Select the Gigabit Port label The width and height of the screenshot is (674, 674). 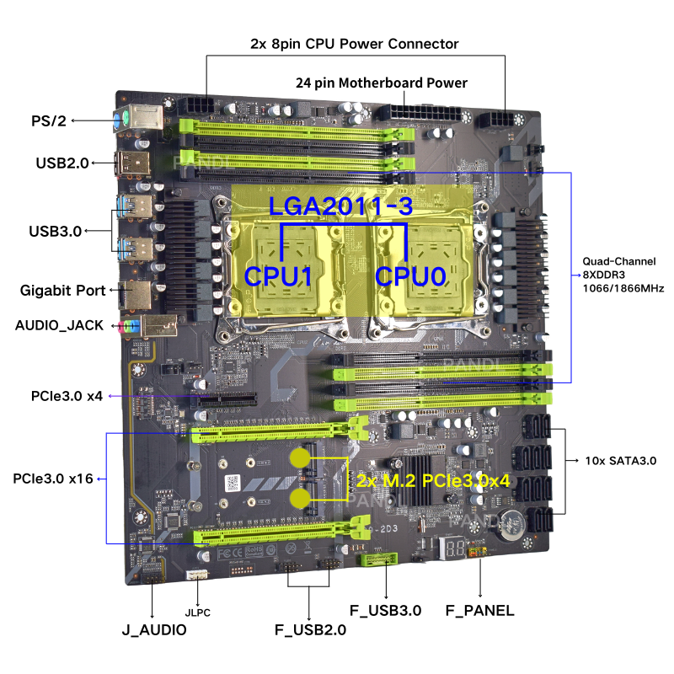pos(63,290)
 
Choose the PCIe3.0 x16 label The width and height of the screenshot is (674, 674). pos(53,479)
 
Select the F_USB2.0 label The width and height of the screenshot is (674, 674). pos(310,629)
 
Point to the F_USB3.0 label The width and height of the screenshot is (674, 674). pos(385,610)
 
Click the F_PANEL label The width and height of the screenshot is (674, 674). pos(479,610)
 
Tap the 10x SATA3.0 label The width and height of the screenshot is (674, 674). pos(621,461)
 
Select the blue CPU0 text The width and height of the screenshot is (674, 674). pos(410,275)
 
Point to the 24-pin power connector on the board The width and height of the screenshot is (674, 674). pos(417,114)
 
